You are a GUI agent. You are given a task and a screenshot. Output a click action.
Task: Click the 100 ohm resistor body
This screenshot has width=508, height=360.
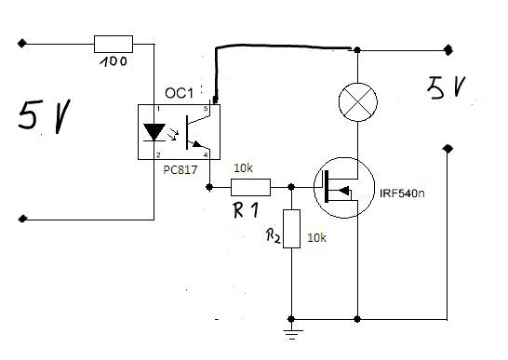[114, 44]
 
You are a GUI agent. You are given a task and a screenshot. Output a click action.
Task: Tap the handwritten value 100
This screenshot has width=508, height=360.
[114, 61]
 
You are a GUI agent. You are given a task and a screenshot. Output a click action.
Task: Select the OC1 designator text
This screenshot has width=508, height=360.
[179, 93]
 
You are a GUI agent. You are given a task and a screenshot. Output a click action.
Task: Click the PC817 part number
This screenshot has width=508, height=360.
[180, 170]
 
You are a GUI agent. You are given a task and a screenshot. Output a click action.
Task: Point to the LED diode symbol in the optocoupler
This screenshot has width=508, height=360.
[154, 133]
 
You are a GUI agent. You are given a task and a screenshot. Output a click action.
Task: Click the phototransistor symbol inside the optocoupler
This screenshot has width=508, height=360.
[198, 132]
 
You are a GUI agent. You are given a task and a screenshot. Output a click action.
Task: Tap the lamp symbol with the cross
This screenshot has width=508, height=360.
[357, 101]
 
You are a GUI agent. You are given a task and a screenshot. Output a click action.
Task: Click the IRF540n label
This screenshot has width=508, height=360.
[402, 193]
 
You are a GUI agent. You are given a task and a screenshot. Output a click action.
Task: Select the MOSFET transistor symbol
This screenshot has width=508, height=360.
[344, 188]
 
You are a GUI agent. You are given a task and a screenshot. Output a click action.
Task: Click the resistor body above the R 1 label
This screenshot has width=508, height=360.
[250, 187]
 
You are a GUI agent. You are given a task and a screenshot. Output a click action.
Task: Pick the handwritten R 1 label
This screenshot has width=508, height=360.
[246, 210]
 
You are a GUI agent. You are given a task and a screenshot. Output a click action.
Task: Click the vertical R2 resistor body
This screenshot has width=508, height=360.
[291, 229]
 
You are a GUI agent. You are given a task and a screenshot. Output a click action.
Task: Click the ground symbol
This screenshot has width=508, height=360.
[292, 334]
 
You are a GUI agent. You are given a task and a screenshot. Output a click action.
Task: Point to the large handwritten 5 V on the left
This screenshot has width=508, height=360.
[44, 116]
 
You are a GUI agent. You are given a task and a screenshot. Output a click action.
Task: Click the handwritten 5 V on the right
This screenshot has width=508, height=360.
[446, 87]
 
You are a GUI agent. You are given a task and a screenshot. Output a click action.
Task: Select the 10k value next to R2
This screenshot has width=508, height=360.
[316, 238]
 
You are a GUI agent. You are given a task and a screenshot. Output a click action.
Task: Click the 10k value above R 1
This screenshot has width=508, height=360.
[243, 168]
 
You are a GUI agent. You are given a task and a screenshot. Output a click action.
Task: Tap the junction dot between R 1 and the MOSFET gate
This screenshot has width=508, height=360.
[291, 187]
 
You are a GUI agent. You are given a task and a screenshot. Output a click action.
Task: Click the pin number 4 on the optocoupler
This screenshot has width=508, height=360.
[206, 155]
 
